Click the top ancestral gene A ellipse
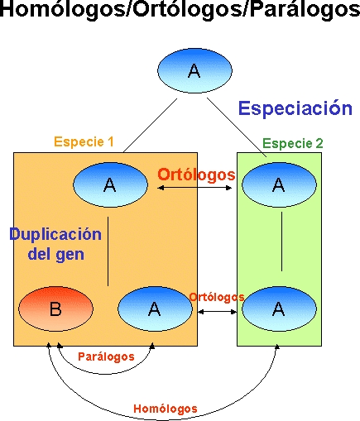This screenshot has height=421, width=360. point(194,70)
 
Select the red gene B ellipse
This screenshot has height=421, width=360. point(55,309)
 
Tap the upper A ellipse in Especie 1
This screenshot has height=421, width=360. point(110,184)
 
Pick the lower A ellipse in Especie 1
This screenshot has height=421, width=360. point(155,309)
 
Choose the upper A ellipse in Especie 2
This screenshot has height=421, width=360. point(279,184)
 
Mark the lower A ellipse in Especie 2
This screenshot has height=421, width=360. point(279,309)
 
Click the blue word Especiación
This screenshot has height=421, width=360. point(295,109)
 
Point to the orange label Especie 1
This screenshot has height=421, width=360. point(84,142)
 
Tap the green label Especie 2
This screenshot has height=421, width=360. point(293,143)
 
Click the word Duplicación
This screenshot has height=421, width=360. point(55,235)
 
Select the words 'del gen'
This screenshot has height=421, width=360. point(56,254)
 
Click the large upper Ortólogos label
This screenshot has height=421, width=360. point(196,175)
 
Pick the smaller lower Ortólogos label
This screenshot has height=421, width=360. point(217,297)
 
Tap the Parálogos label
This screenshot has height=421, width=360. point(106,356)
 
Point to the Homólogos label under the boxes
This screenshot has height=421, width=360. point(166,409)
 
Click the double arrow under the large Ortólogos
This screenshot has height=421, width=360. point(194,188)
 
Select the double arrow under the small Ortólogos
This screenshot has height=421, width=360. point(218,312)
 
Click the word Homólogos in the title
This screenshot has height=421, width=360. point(62,9)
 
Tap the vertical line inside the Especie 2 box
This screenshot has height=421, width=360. point(281,242)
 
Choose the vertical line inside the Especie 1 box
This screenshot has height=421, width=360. point(108,251)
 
